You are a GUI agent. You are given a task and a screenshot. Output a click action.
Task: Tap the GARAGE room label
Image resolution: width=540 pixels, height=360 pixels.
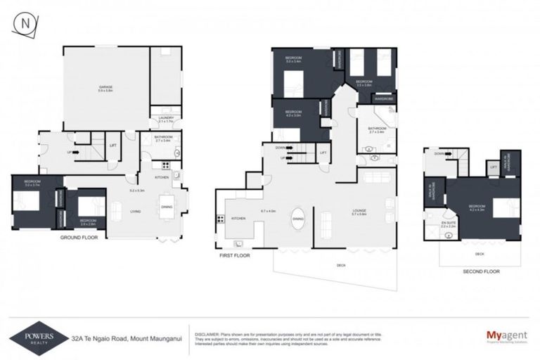point(105,87)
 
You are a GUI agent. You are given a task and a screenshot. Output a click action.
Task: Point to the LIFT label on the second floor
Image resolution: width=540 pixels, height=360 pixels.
point(494,167)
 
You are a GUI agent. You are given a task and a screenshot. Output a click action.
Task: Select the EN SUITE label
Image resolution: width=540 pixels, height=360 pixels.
point(449,224)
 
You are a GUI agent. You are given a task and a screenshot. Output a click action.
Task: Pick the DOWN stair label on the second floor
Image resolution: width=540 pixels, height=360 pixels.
point(440,153)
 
